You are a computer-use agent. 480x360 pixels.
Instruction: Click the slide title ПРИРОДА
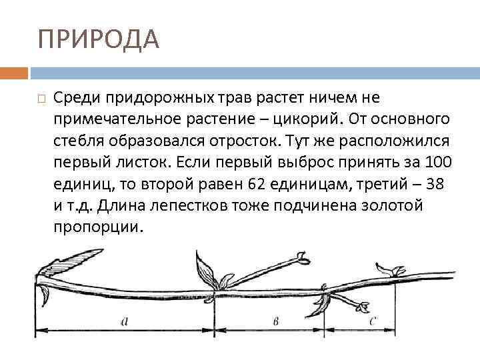(99, 39)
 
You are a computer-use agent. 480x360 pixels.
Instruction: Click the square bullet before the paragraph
(41, 99)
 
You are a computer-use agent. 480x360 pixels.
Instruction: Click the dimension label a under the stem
(125, 321)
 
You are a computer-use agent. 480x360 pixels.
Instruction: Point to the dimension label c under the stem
(373, 321)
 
